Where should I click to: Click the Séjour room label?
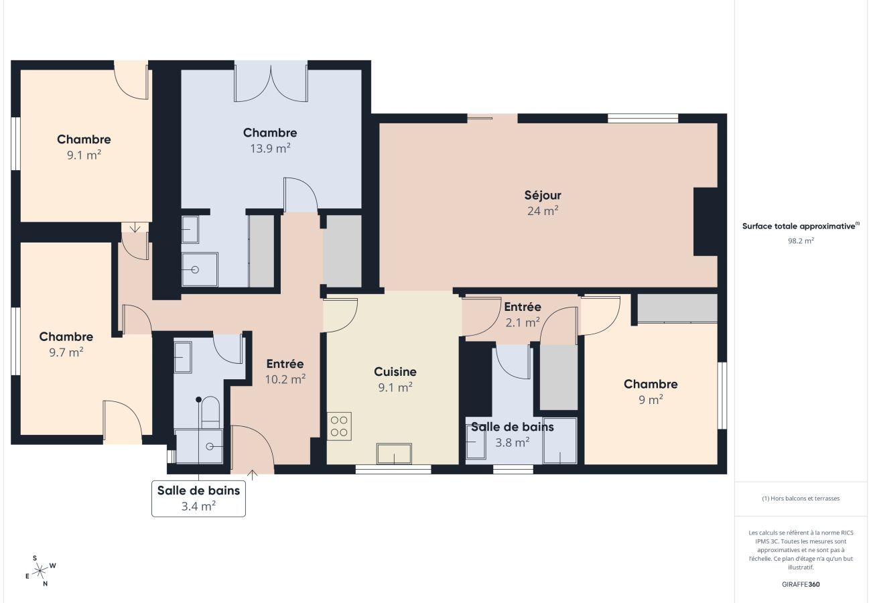click(542, 196)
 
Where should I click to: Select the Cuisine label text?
click(395, 372)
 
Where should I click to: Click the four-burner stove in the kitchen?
click(340, 426)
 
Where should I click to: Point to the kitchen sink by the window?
click(393, 454)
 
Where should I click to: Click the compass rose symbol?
click(40, 571)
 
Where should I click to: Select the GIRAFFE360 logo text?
click(801, 584)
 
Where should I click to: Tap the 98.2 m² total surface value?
click(801, 241)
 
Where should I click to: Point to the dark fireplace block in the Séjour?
click(705, 221)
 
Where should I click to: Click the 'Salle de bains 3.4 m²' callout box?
click(198, 498)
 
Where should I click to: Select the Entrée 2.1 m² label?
click(522, 314)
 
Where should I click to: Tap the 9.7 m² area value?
click(66, 352)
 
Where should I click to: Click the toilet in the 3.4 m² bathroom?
click(210, 411)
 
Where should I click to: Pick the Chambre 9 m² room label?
click(651, 391)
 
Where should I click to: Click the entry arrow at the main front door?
click(252, 475)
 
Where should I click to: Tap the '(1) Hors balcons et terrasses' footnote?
click(801, 498)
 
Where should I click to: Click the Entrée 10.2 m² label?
click(285, 371)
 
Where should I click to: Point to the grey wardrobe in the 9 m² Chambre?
click(677, 308)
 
